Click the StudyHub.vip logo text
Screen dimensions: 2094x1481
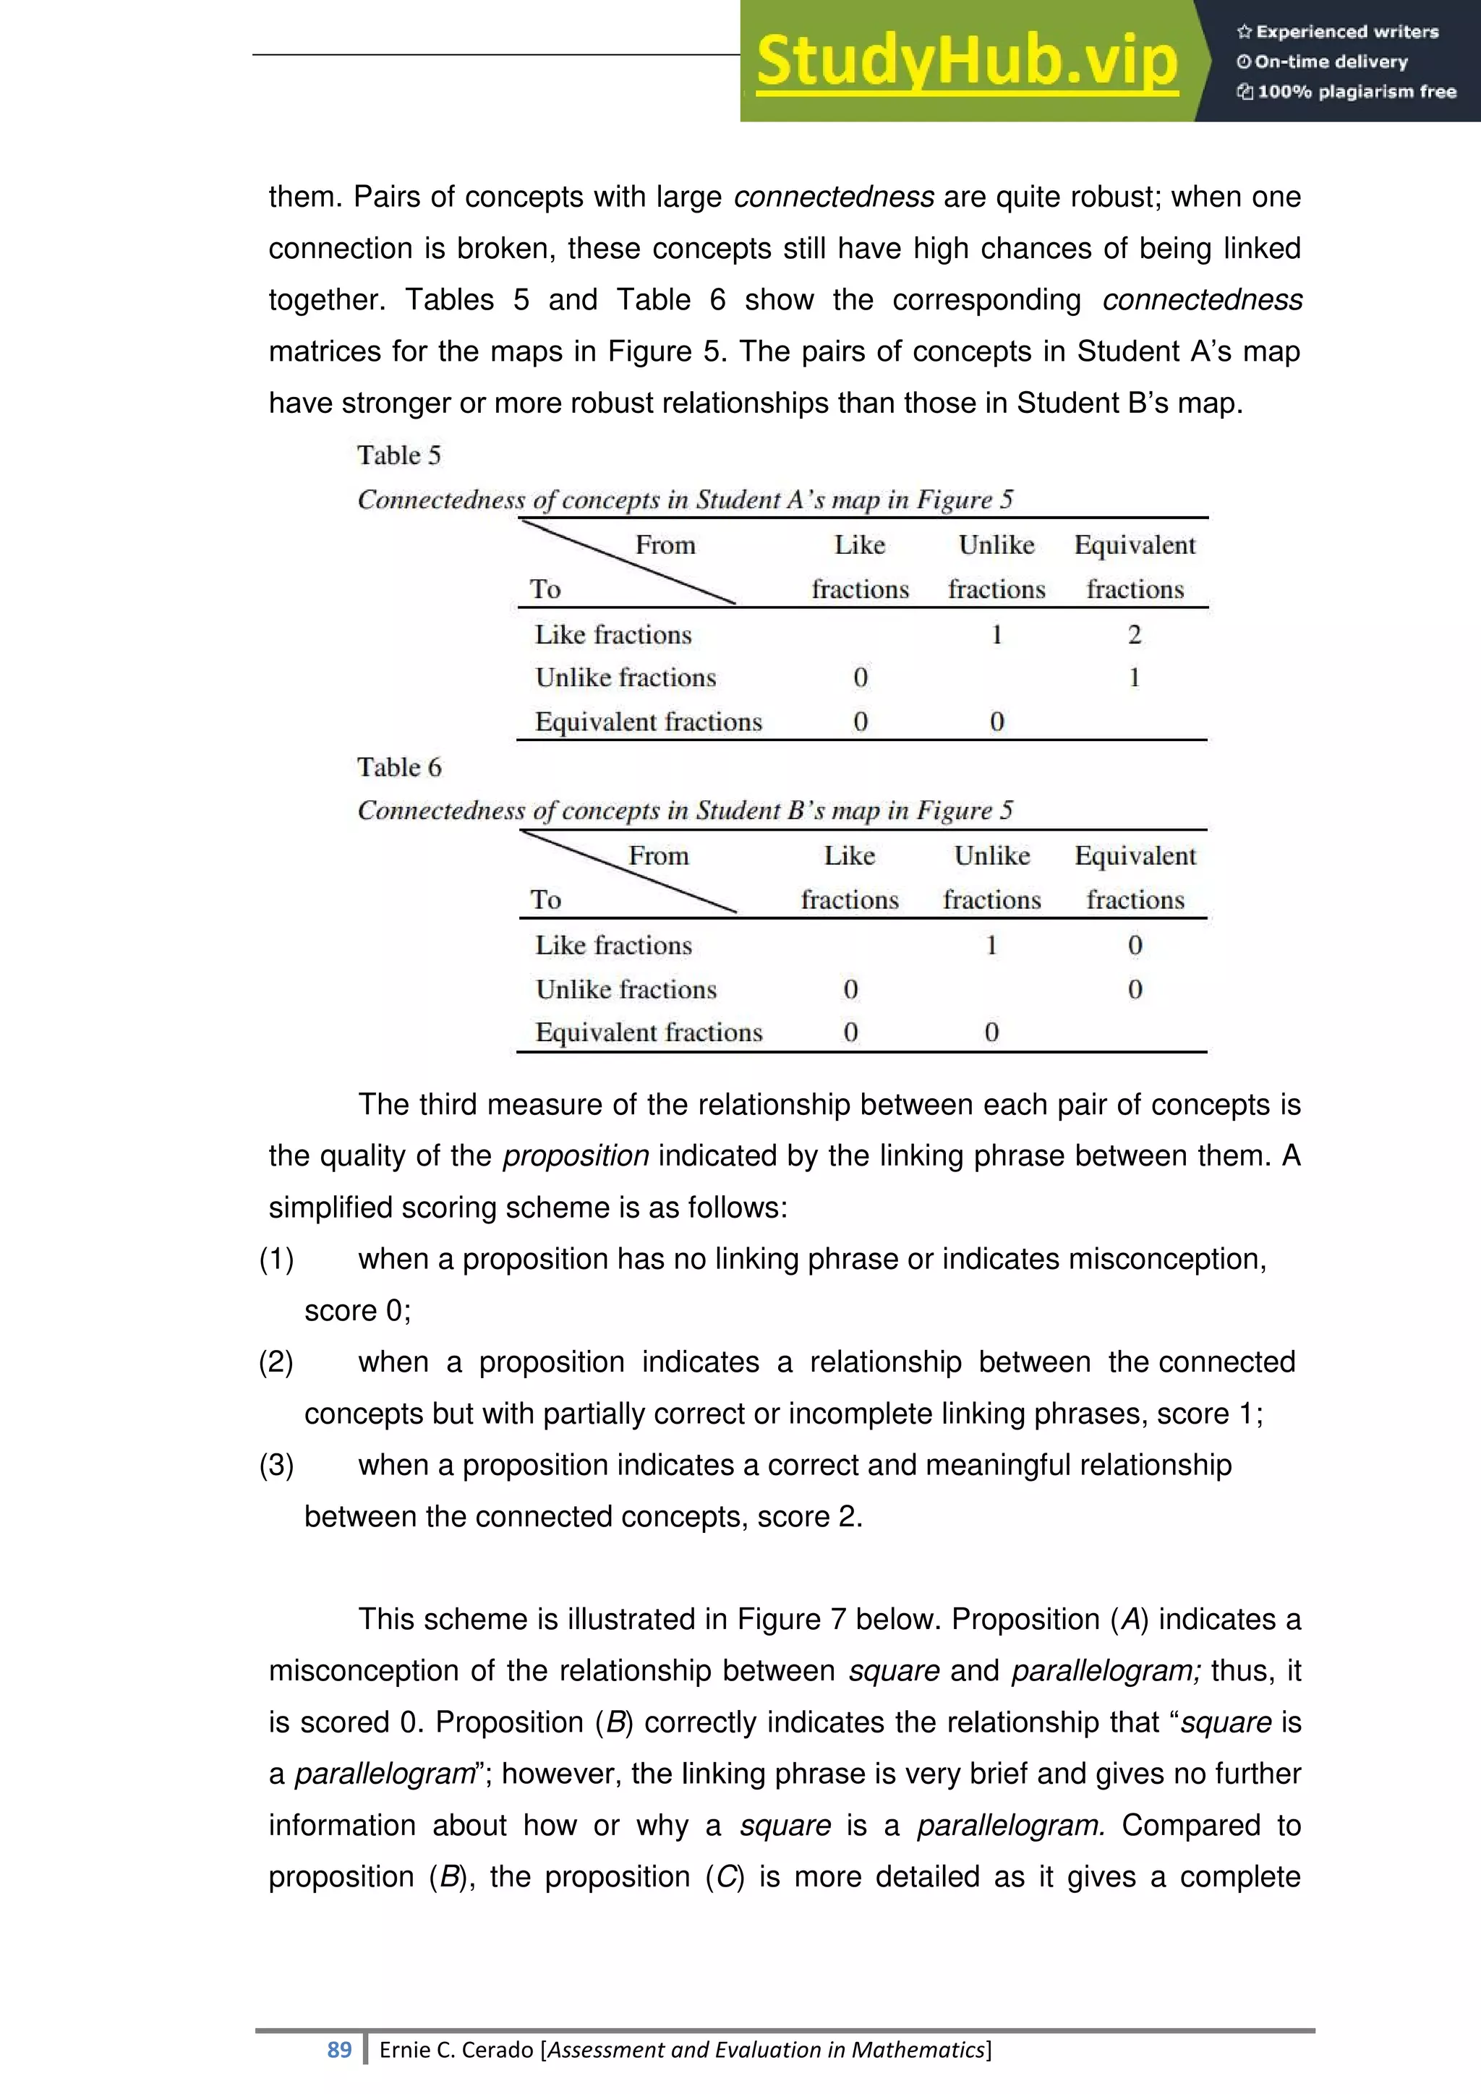(967, 61)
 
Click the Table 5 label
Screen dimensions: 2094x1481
(398, 455)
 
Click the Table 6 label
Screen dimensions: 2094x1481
(398, 767)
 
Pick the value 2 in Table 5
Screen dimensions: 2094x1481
(1135, 634)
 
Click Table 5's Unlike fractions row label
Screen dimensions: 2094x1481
(626, 678)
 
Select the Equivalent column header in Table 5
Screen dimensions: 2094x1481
(1135, 545)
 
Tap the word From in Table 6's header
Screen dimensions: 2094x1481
(659, 855)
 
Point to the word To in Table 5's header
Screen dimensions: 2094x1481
(545, 589)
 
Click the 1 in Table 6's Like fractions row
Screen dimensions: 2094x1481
(991, 945)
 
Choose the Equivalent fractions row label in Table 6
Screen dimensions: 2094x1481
(649, 1033)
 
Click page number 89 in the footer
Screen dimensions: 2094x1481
(339, 2049)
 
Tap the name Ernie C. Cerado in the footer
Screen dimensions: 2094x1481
(457, 2049)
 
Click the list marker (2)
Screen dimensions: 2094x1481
(276, 1362)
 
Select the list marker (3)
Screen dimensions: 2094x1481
(276, 1465)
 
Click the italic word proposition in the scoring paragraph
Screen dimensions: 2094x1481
(576, 1155)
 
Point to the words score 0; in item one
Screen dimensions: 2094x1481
(357, 1311)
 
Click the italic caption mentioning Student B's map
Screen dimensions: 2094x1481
(685, 810)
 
